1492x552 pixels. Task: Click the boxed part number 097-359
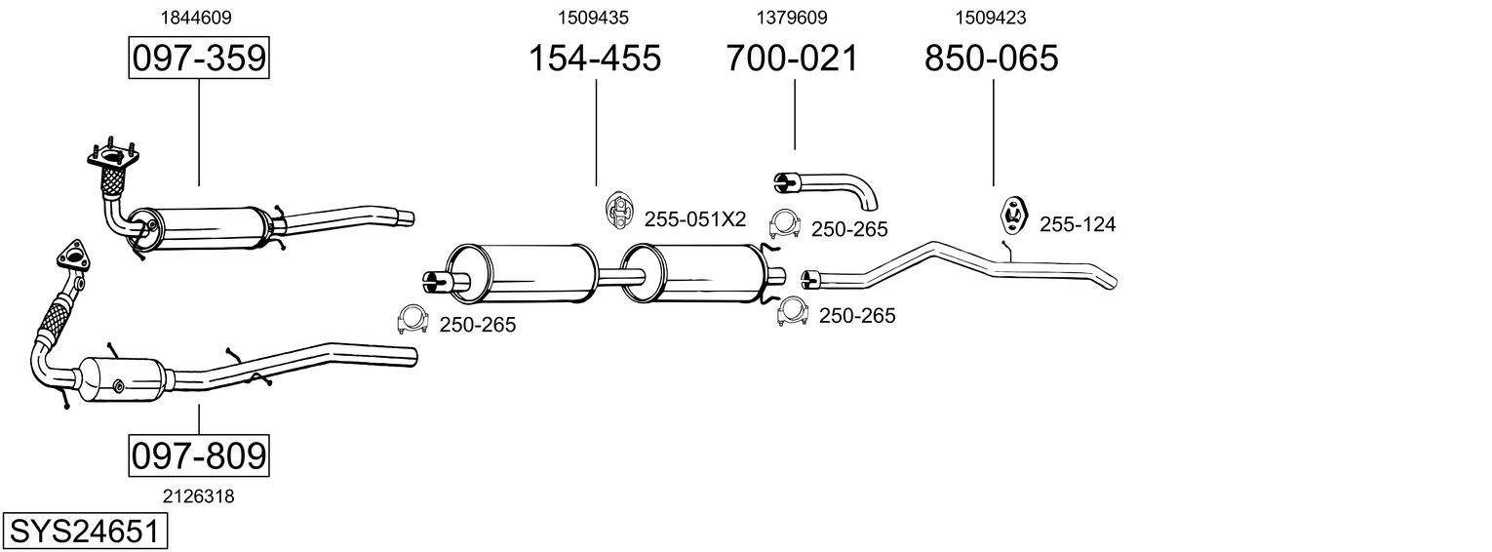[199, 58]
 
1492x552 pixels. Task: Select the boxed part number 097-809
[199, 455]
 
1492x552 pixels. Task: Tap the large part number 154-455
[595, 58]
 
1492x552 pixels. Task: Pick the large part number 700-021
[792, 58]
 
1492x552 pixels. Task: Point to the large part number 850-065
[991, 58]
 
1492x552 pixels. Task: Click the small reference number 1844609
[196, 18]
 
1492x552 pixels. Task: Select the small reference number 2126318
[199, 496]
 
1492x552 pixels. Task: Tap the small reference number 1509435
[593, 18]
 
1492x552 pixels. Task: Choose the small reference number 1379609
[791, 18]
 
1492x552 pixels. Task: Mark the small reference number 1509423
[991, 18]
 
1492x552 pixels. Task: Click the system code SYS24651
[85, 532]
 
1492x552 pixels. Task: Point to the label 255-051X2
[694, 219]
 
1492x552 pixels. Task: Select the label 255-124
[1077, 224]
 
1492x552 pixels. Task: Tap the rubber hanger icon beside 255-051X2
[619, 211]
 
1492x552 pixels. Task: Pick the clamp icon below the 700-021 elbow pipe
[784, 224]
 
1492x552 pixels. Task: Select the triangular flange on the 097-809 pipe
[72, 256]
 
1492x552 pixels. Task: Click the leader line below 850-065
[993, 133]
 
